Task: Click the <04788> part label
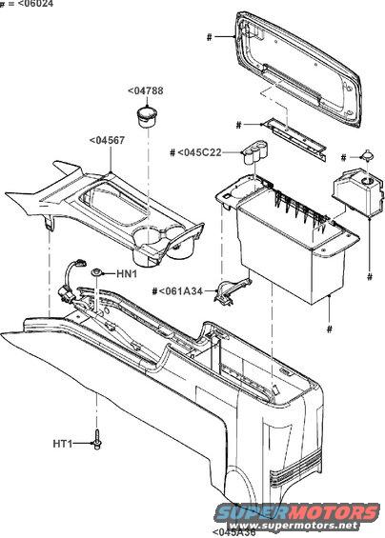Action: (146, 91)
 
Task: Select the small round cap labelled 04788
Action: (146, 118)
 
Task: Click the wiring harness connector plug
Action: (76, 271)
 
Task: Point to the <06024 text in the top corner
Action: (24, 5)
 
